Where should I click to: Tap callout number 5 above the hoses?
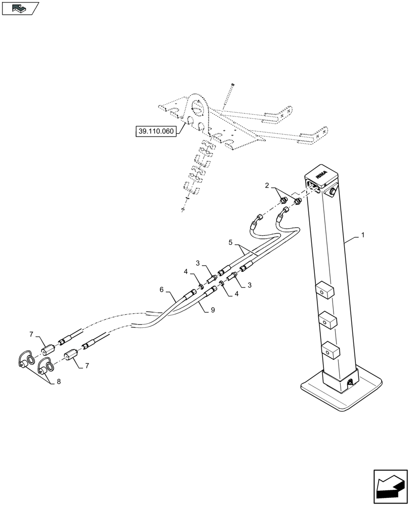click(x=230, y=242)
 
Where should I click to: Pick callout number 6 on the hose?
click(x=161, y=290)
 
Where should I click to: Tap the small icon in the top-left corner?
click(x=20, y=8)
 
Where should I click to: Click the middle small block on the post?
click(x=328, y=320)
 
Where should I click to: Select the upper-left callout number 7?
click(x=32, y=334)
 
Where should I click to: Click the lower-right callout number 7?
click(x=88, y=364)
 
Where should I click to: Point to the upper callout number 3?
click(x=198, y=263)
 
